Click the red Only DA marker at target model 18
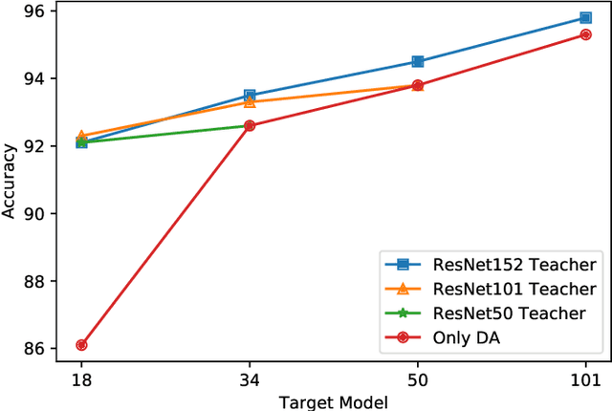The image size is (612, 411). [81, 345]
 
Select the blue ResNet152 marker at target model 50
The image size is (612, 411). [417, 61]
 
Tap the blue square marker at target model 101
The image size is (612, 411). [585, 17]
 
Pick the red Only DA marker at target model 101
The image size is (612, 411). [585, 34]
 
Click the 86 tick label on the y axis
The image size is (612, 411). [34, 349]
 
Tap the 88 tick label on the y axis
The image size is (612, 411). [34, 281]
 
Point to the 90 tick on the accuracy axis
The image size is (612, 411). [34, 213]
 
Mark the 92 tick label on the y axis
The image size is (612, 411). [34, 145]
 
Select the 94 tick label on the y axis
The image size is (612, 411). [34, 78]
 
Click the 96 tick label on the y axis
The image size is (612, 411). [34, 11]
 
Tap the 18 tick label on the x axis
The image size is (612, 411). [81, 379]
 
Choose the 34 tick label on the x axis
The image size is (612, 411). [250, 379]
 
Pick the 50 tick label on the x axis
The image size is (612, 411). [417, 379]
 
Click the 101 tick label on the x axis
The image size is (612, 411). [585, 379]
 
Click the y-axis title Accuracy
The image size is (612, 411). [10, 181]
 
